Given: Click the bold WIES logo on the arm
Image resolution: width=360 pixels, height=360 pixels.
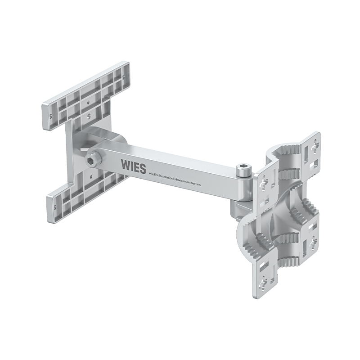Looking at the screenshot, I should [133, 166].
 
